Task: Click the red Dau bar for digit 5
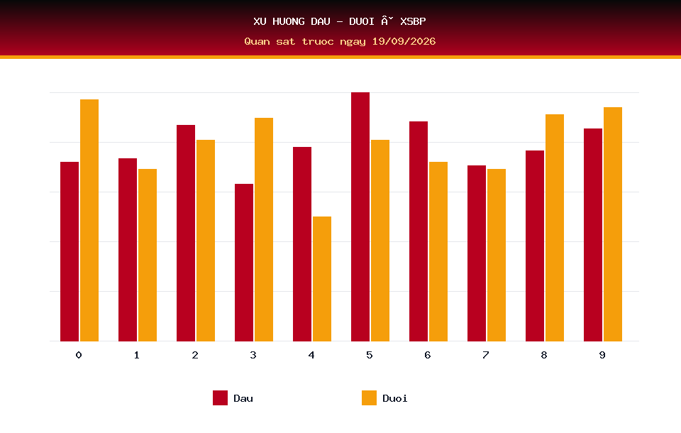(x=360, y=217)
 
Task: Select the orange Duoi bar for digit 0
(x=89, y=220)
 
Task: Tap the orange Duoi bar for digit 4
(x=322, y=279)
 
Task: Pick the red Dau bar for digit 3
(x=244, y=263)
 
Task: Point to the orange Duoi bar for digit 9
(x=613, y=224)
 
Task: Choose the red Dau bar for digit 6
(x=419, y=231)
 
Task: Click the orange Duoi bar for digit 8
(x=555, y=228)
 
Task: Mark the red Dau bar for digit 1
(x=128, y=250)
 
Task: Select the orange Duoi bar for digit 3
(x=264, y=229)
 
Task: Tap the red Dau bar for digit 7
(x=477, y=253)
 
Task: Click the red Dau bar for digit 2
(x=186, y=233)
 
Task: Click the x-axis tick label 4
(x=311, y=355)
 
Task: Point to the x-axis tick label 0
(x=79, y=355)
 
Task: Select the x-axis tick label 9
(x=602, y=355)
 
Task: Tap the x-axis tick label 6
(x=428, y=355)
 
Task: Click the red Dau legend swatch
(x=220, y=398)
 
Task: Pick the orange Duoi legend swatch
(x=369, y=398)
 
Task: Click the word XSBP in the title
(x=413, y=21)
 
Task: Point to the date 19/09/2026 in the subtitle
(x=404, y=41)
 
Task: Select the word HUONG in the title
(x=289, y=21)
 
